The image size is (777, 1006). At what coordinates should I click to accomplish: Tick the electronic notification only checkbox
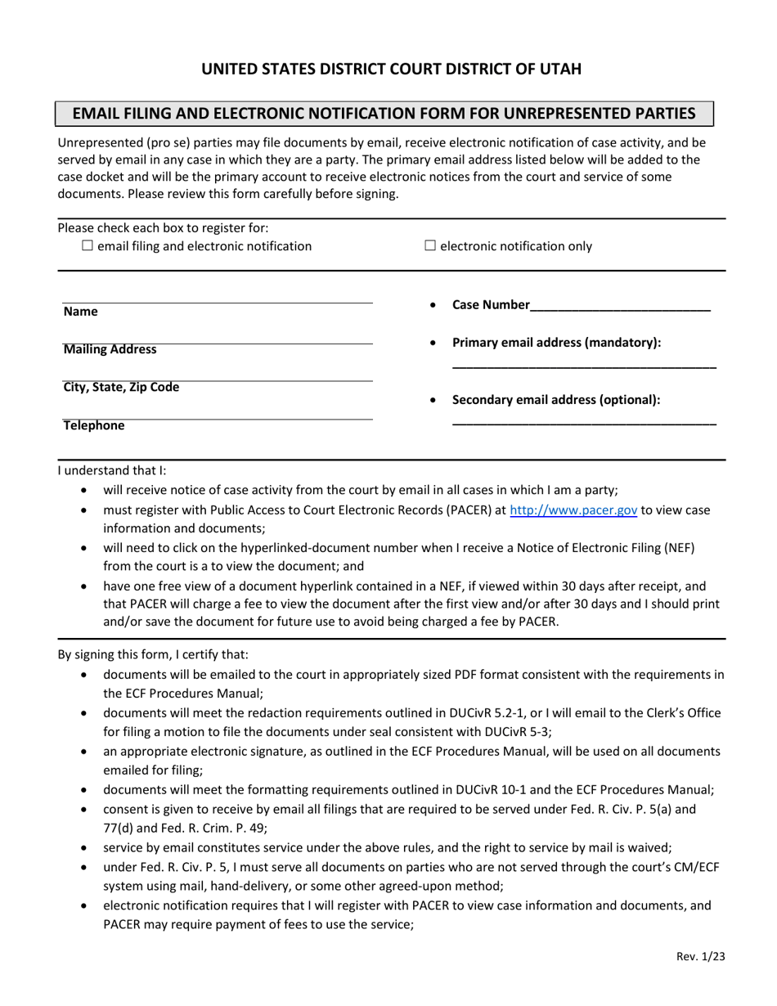(431, 246)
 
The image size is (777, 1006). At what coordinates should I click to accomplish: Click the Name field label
(80, 312)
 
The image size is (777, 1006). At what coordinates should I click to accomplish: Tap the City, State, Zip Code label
(122, 387)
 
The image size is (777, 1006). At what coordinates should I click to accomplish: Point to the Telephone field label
(94, 425)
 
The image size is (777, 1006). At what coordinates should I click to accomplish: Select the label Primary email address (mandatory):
(556, 343)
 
